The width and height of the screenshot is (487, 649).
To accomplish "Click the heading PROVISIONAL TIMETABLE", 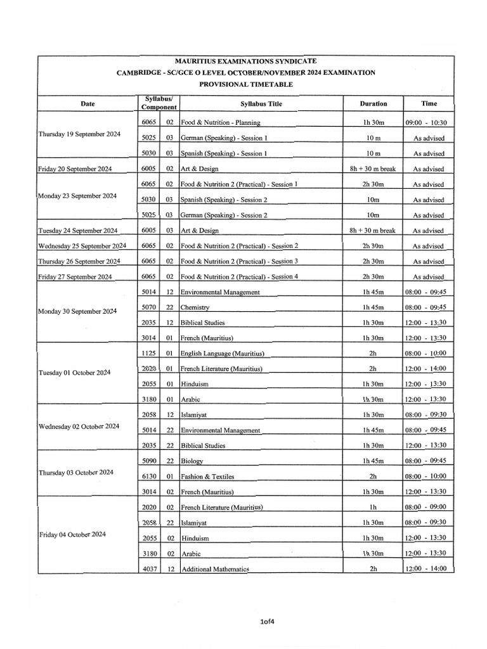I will pyautogui.click(x=246, y=84).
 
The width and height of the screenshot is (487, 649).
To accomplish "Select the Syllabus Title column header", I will pyautogui.click(x=261, y=104).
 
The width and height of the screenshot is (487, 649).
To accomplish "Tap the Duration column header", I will pyautogui.click(x=373, y=104).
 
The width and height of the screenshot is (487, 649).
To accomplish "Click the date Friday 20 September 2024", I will pyautogui.click(x=75, y=169).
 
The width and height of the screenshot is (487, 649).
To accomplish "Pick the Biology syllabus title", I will pyautogui.click(x=192, y=461).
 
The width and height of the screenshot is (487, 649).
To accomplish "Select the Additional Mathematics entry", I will pyautogui.click(x=216, y=569).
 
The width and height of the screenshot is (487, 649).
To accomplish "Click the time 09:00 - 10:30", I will pyautogui.click(x=425, y=122).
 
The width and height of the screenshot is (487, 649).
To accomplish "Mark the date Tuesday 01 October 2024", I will pyautogui.click(x=74, y=373).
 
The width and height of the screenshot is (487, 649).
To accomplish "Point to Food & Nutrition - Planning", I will pyautogui.click(x=220, y=122).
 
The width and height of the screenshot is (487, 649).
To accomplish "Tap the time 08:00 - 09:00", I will pyautogui.click(x=425, y=507).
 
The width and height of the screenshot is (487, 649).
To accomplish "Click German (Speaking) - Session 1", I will pyautogui.click(x=224, y=138).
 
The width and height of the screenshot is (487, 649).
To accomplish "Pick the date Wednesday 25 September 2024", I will pyautogui.click(x=82, y=246).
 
